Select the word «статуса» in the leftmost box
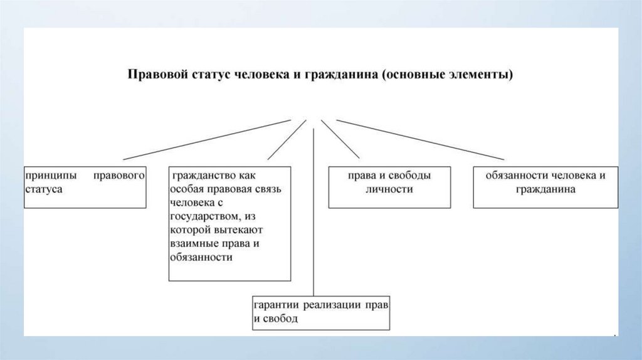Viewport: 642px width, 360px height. pos(43,189)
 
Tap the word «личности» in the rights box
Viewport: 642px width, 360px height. pos(389,189)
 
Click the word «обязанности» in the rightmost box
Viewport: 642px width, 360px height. pos(515,176)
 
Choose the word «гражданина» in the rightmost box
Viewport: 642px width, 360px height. pos(546,189)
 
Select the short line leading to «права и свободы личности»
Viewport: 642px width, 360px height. pos(340,139)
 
